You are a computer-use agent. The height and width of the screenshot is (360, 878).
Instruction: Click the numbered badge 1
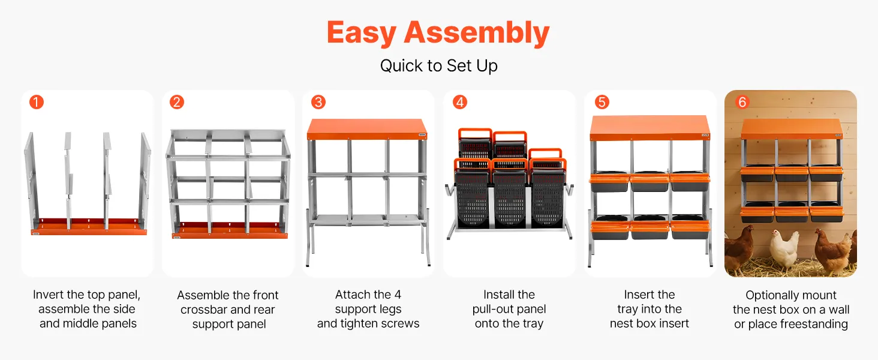(x=37, y=102)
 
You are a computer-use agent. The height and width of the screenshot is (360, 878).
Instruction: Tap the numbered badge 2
(x=177, y=102)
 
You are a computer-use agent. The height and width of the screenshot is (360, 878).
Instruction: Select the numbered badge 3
(x=318, y=102)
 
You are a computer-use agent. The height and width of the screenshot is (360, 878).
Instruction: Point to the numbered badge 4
(x=460, y=102)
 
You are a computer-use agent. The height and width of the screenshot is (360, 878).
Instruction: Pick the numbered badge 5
(x=602, y=102)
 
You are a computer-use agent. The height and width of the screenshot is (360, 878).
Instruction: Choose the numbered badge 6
(x=742, y=102)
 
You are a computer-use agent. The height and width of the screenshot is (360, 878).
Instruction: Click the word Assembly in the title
(x=477, y=34)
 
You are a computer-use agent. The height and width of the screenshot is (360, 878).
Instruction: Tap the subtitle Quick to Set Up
(x=438, y=66)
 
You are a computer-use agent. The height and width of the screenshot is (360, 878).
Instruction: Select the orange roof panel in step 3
(x=367, y=129)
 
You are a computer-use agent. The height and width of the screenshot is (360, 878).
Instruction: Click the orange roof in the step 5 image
(x=650, y=128)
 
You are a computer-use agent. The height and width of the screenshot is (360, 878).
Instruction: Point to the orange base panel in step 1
(x=89, y=227)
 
